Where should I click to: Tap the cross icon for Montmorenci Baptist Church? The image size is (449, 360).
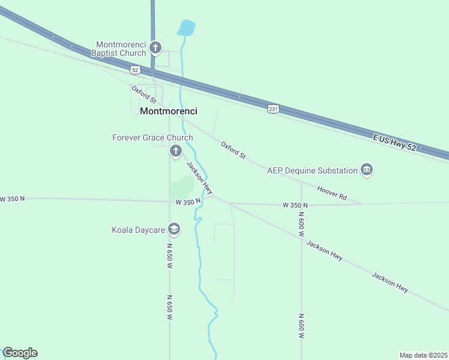[x=155, y=47]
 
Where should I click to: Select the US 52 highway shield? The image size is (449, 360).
[x=136, y=70]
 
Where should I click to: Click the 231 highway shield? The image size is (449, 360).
[x=273, y=109]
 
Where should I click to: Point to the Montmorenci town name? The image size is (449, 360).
[x=169, y=111]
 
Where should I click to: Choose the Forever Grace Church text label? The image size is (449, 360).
[x=152, y=137]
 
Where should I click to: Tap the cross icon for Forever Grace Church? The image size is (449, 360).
[x=176, y=151]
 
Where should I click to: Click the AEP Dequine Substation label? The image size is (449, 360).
[x=312, y=170]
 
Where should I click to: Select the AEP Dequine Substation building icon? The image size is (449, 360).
[x=366, y=170]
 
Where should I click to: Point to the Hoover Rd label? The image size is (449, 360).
[x=332, y=193]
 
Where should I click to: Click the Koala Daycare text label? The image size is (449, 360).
[x=137, y=230]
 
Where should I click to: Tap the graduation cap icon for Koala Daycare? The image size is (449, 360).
[x=174, y=229]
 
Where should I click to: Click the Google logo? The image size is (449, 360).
[x=20, y=353]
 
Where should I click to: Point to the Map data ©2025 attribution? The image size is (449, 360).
[x=423, y=355]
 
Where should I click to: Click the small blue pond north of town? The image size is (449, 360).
[x=186, y=28]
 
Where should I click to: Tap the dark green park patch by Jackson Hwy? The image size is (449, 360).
[x=182, y=188]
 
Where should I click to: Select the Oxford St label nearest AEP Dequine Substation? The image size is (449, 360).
[x=233, y=150]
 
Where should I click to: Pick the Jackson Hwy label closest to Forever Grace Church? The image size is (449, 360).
[x=199, y=178]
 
